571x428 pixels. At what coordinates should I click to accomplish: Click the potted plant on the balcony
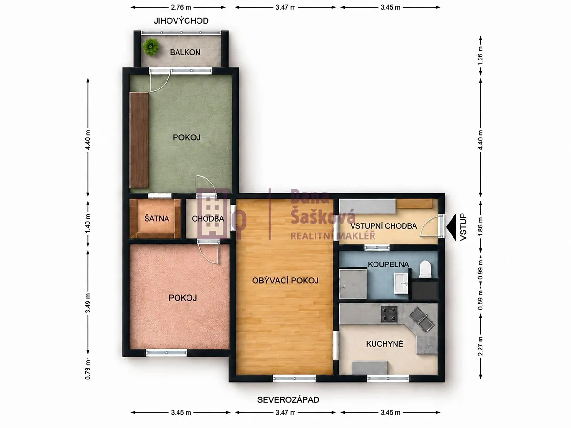pos(151,47)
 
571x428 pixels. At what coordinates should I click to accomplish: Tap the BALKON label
pos(185,52)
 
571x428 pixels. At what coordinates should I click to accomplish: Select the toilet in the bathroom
pos(425,269)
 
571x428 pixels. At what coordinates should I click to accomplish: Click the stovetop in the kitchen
pos(389,314)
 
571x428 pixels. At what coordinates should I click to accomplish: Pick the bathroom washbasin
pos(401,283)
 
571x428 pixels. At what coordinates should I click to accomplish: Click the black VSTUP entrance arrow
pos(452,227)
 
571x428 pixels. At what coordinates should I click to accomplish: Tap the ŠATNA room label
pos(157,219)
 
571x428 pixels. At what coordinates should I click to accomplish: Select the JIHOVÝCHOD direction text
pos(181,21)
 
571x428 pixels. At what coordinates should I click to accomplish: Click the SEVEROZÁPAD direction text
pos(288,400)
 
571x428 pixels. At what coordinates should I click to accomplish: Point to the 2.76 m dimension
pos(181,7)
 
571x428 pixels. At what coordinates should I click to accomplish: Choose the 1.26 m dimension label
pos(481,56)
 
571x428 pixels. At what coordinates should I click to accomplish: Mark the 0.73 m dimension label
pos(88,370)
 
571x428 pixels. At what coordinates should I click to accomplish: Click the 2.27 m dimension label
pos(481,346)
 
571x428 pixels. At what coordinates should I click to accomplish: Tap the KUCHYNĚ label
pos(384,344)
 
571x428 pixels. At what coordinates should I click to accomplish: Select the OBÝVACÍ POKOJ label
pos(285,281)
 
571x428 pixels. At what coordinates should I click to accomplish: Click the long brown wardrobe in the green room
pos(139,140)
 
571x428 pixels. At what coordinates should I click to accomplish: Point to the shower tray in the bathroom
pos(353,284)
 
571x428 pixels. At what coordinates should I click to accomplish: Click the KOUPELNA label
pos(388,264)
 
